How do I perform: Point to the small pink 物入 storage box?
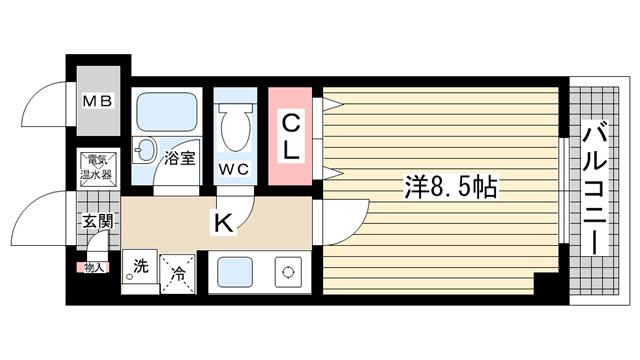pyautogui.click(x=93, y=267)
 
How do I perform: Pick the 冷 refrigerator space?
pyautogui.click(x=178, y=270)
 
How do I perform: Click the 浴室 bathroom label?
pyautogui.click(x=180, y=157)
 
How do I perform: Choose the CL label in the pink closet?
pyautogui.click(x=290, y=137)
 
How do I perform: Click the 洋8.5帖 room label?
pyautogui.click(x=452, y=187)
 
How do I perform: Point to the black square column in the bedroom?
pyautogui.click(x=547, y=283)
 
